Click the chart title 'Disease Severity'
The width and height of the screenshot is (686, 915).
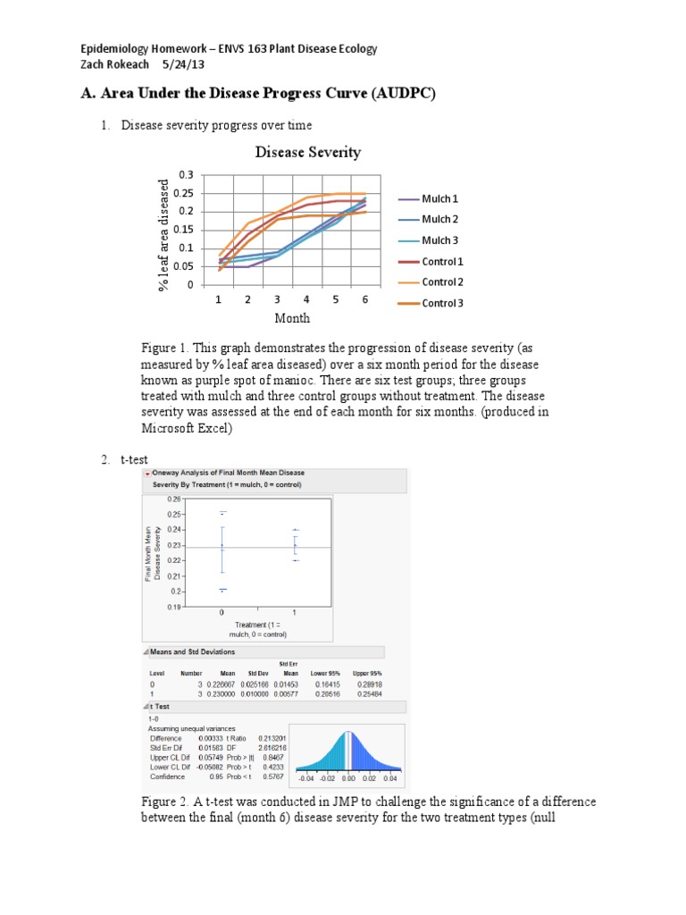pos(307,152)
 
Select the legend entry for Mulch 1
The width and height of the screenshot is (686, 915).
pos(440,199)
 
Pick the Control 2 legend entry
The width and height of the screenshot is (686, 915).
pos(442,282)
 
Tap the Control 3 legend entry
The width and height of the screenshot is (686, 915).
pos(442,303)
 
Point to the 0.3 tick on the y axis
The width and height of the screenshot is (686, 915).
pos(185,174)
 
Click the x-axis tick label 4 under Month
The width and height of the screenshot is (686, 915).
pos(306,300)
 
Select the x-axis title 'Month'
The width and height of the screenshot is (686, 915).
pos(292,318)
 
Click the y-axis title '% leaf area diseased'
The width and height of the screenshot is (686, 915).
pos(163,234)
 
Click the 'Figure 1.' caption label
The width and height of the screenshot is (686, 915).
pos(165,347)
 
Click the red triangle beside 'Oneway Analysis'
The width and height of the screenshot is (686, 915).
pos(147,473)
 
